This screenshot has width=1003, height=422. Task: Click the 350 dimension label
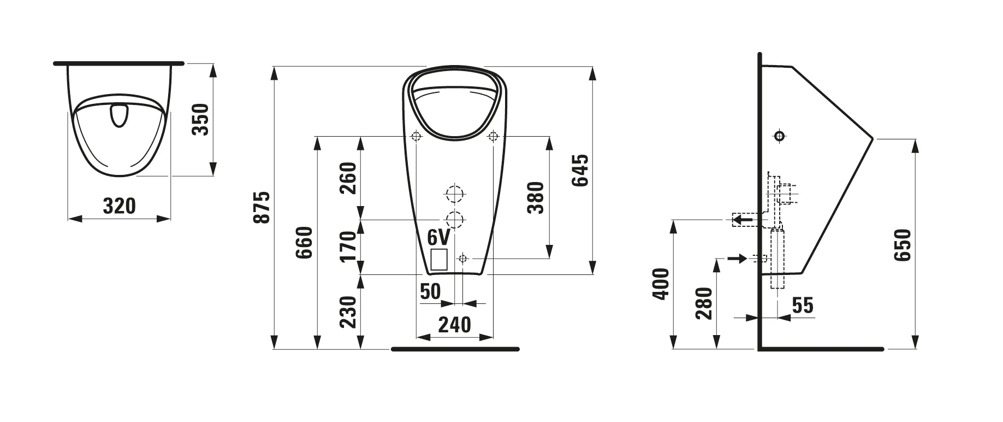[x=201, y=119]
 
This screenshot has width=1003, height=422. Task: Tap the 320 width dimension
[x=120, y=206]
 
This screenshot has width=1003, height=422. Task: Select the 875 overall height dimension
[x=263, y=207]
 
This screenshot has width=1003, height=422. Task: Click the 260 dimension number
[x=348, y=178]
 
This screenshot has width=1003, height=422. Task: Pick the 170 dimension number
[x=348, y=246]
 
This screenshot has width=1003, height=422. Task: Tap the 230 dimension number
[x=348, y=312]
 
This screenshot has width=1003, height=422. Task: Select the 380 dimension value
[x=536, y=197]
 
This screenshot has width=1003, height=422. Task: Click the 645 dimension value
[x=580, y=171]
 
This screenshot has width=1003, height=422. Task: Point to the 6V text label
[x=438, y=237]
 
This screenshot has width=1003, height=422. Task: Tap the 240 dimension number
[x=455, y=325]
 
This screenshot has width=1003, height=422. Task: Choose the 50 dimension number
[x=430, y=291]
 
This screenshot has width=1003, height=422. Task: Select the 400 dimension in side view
[x=661, y=283]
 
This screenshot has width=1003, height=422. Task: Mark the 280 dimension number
[x=705, y=303]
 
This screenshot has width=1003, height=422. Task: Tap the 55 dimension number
[x=803, y=305]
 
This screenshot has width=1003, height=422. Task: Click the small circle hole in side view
[x=780, y=136]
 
